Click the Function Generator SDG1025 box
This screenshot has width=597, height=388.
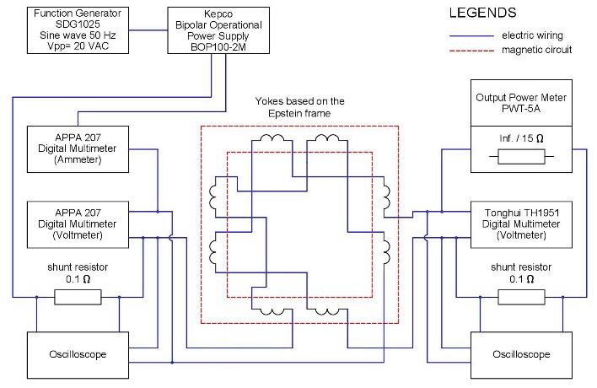pos(78,30)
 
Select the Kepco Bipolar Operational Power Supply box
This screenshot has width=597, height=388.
pos(218,30)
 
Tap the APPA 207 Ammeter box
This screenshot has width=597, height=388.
pos(78,149)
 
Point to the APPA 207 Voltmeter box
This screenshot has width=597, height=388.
pos(78,224)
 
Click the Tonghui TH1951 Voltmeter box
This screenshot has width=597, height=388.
pos(522,224)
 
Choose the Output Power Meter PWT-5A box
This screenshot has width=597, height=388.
pos(522,103)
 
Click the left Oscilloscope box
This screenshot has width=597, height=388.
pos(78,355)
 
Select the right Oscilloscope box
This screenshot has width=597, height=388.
pos(522,355)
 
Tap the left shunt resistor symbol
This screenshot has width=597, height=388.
pos(78,297)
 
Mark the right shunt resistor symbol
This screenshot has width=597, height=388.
pos(522,297)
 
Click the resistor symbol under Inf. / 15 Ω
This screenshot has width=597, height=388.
pos(522,157)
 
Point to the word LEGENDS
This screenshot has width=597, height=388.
pos(483,13)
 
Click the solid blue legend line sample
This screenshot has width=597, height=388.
pos(471,35)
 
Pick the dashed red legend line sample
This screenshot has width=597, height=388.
pos(471,51)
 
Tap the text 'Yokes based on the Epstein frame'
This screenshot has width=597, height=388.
pos(299,107)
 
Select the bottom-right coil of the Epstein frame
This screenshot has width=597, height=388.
pos(327,311)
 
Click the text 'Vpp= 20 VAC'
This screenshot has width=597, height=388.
pos(78,46)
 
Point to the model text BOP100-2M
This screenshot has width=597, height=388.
pos(218,47)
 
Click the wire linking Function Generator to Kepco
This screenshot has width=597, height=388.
pos(148,30)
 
